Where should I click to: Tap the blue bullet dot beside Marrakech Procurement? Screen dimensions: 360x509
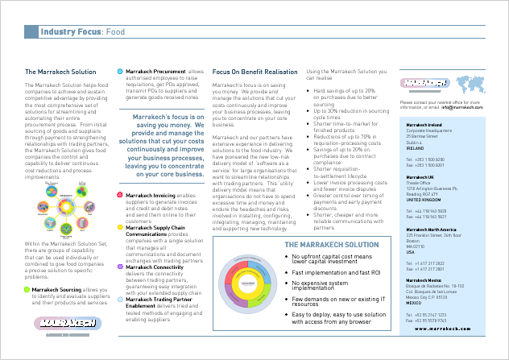click(121, 71)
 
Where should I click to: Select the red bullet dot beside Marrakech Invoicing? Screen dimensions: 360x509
click(121, 195)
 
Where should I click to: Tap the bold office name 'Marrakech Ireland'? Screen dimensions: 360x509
click(425, 126)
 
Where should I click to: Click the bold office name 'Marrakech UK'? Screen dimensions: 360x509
click(420, 176)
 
